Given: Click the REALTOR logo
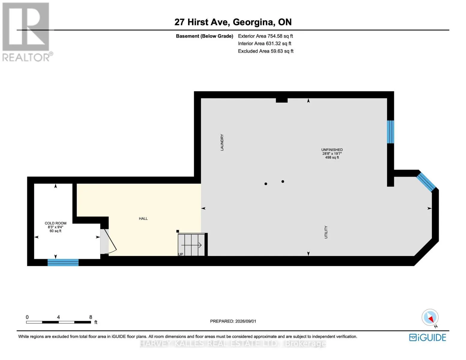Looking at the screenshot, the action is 26,32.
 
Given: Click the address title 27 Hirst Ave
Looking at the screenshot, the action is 202,22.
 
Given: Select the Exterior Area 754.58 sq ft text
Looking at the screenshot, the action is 265,36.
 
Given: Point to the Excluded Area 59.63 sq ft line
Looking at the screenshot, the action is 266,51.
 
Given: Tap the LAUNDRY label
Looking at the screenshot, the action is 222,142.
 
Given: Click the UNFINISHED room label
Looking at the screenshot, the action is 332,150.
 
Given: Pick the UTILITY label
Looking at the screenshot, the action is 326,232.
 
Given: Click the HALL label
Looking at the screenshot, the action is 143,218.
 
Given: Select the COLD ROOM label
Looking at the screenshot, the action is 56,223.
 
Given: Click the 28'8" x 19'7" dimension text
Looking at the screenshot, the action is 332,154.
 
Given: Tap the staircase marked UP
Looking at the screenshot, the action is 191,244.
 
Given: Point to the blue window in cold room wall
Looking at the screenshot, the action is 63,262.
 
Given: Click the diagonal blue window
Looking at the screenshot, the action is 426,182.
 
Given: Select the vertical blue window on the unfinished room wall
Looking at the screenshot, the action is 390,132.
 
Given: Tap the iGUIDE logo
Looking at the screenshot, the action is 427,338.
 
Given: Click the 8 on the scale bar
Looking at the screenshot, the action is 91,317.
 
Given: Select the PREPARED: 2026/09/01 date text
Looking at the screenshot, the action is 233,321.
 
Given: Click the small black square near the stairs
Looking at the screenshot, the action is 178,231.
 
